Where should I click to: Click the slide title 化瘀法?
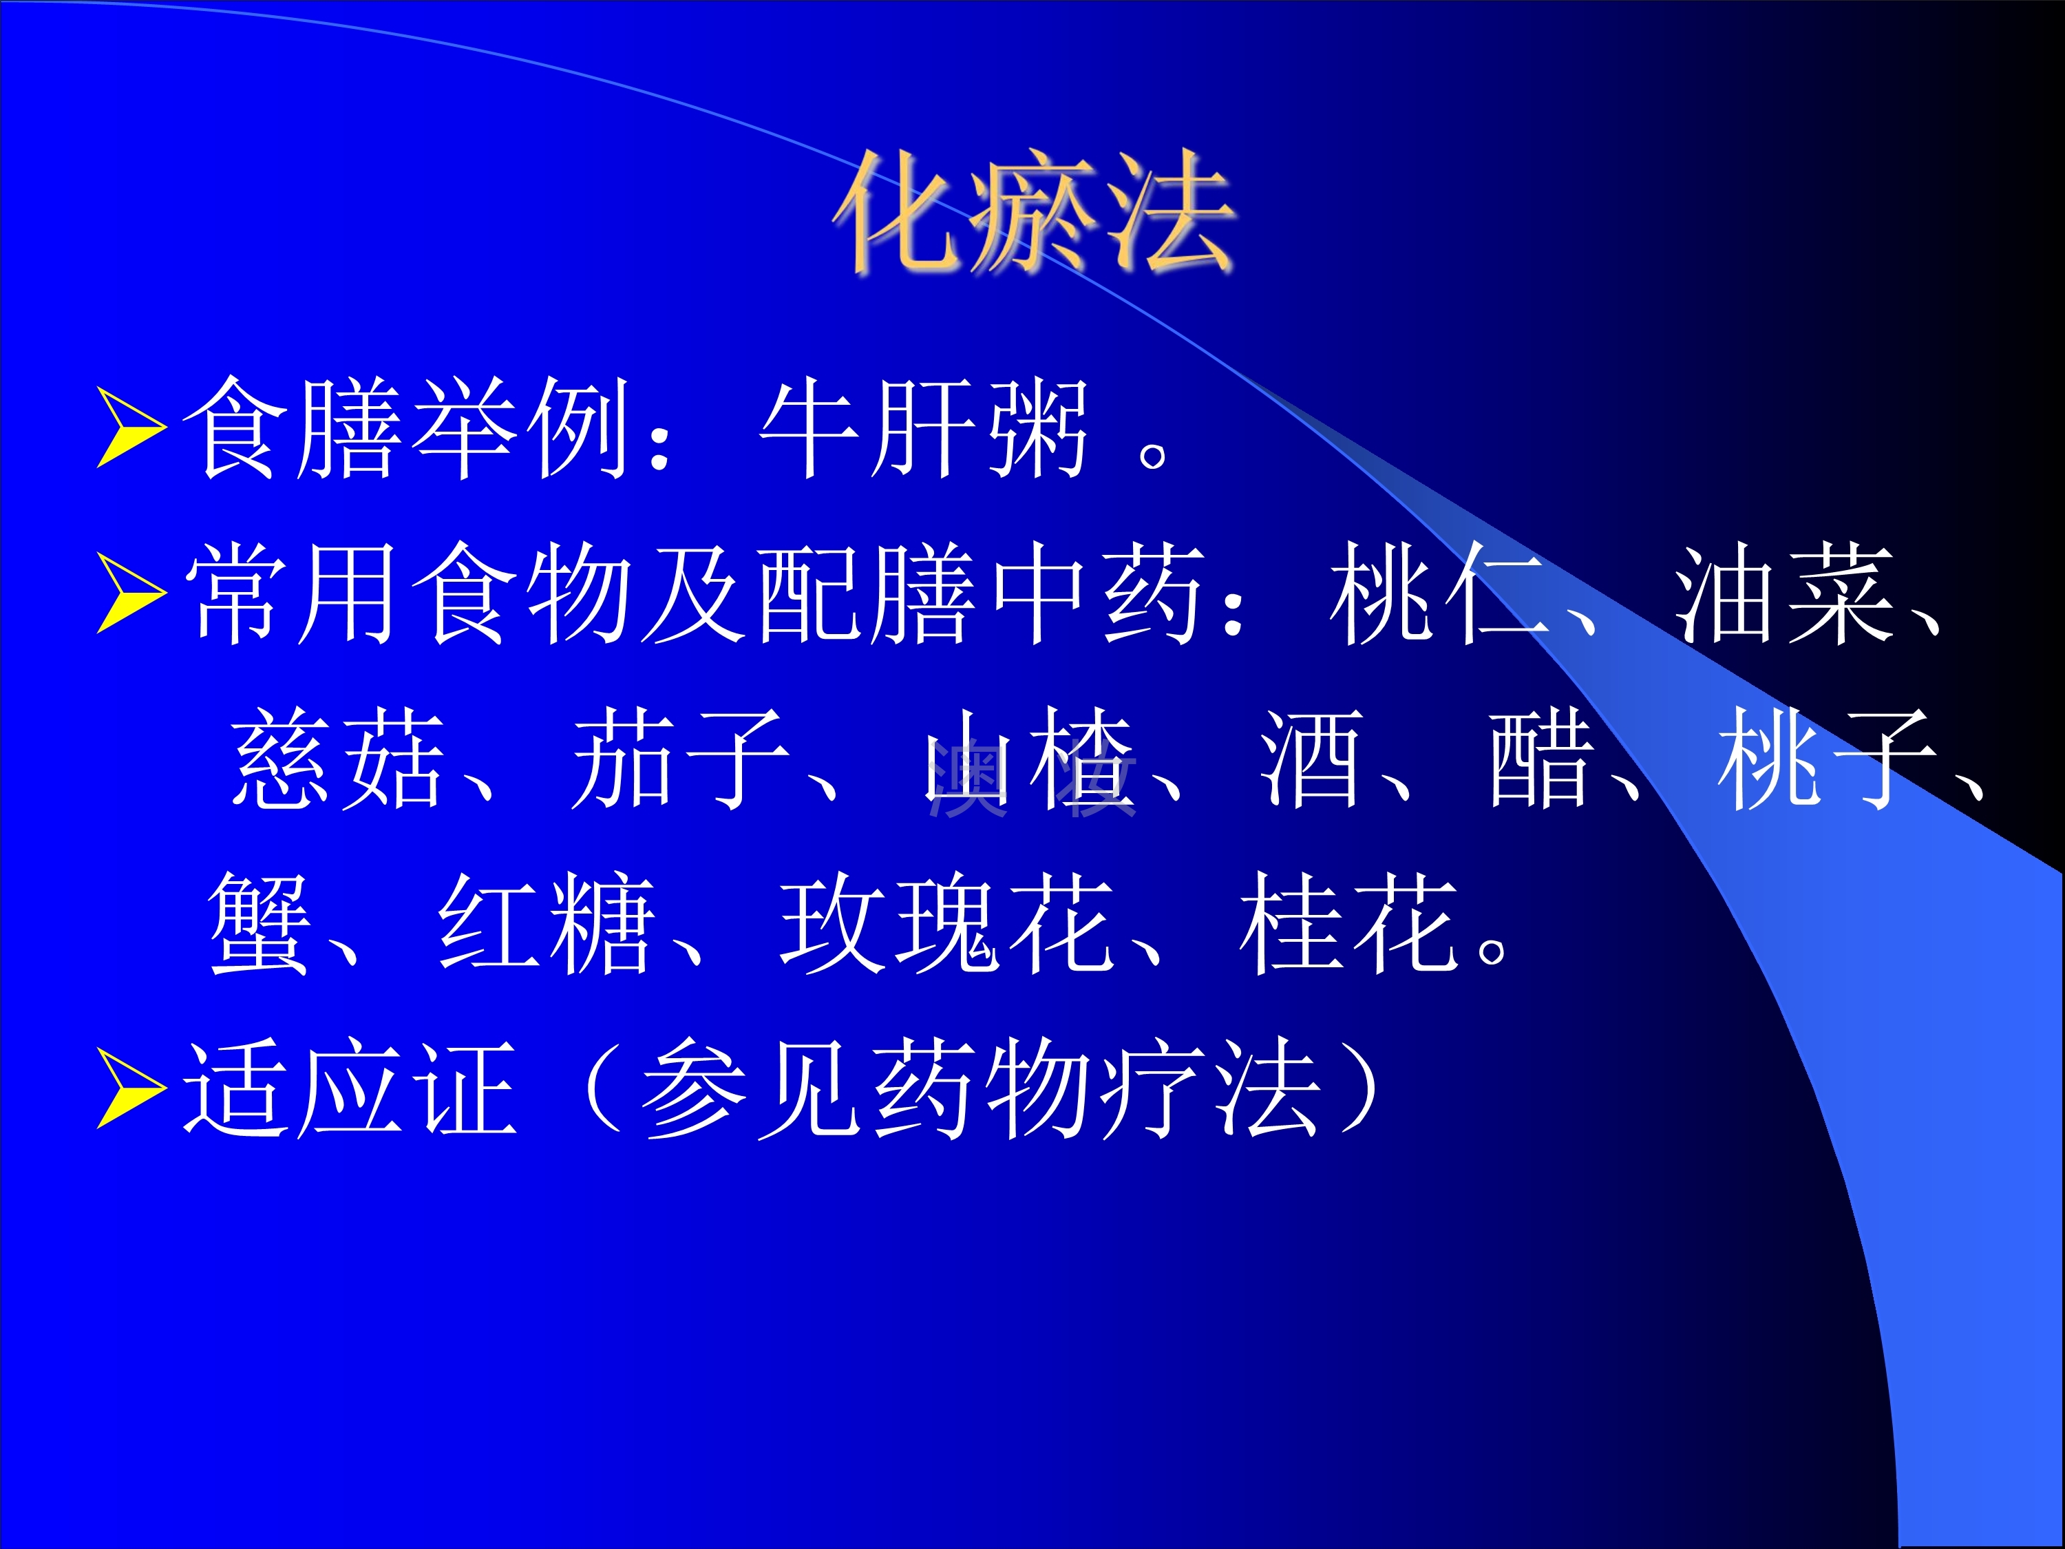tap(1035, 213)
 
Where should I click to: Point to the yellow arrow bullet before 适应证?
tap(131, 1088)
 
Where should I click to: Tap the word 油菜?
tap(1782, 594)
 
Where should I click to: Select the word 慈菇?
tap(337, 758)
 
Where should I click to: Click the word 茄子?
tap(679, 758)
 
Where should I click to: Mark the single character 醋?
tap(1541, 758)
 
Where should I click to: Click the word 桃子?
tap(1824, 758)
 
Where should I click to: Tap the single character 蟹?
tap(259, 923)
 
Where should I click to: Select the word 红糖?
tap(545, 923)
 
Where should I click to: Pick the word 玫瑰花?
tap(948, 923)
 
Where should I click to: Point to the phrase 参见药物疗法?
tap(980, 1088)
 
